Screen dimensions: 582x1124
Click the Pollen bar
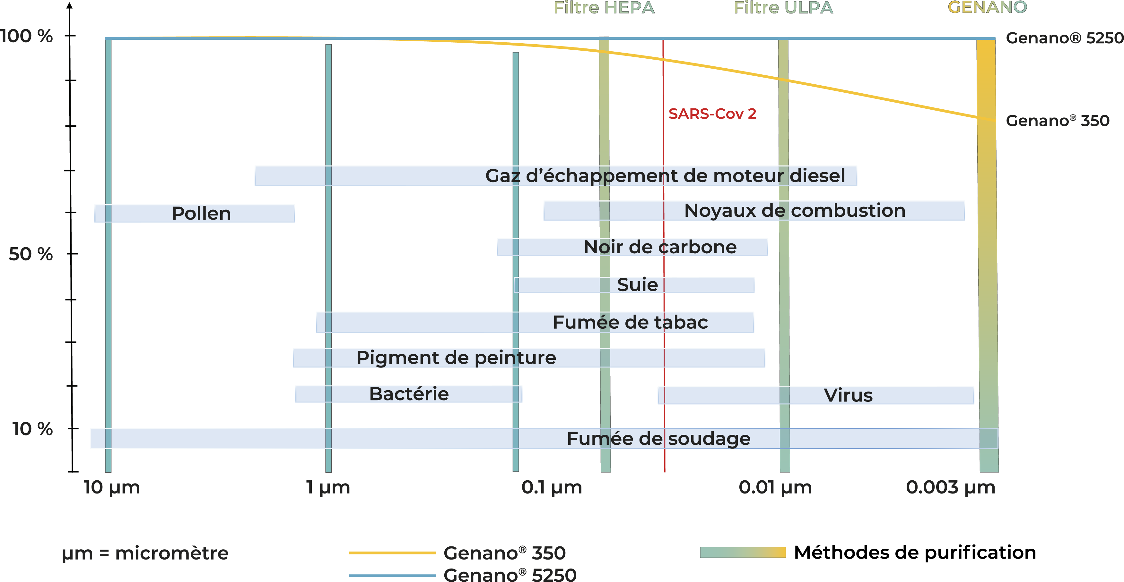click(x=195, y=214)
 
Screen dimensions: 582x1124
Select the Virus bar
click(x=815, y=395)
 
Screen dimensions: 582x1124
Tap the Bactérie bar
click(x=408, y=394)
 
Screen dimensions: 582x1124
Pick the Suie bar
click(x=634, y=285)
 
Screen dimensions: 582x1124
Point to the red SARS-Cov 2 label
click(x=712, y=114)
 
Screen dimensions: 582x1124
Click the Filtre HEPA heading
click(x=604, y=8)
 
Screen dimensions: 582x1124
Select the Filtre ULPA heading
click(x=783, y=8)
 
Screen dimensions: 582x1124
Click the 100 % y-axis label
click(x=27, y=36)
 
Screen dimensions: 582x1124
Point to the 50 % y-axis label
click(x=30, y=254)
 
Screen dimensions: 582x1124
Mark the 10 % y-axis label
click(x=32, y=429)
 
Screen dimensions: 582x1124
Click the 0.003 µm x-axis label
click(x=950, y=487)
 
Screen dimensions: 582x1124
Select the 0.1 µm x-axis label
click(x=552, y=487)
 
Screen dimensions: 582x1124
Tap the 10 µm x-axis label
click(x=112, y=487)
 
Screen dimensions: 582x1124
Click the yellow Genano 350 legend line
click(x=392, y=553)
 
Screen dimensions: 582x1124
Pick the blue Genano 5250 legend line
click(x=392, y=576)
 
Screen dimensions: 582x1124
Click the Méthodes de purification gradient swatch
click(x=743, y=552)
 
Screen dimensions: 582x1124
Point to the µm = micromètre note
click(x=145, y=553)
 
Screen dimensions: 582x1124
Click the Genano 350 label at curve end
click(x=1057, y=121)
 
